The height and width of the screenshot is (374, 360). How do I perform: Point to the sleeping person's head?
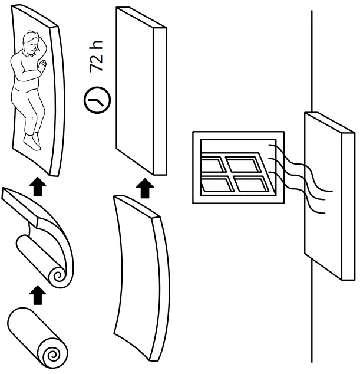tap(29, 46)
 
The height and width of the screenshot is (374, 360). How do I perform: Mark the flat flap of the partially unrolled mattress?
tap(21, 206)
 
